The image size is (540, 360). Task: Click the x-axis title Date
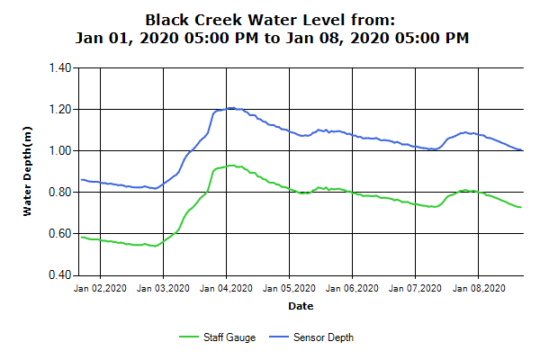point(301,307)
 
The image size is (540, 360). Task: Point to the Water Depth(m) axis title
point(28,171)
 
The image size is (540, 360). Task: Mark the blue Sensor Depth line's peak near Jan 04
point(230,108)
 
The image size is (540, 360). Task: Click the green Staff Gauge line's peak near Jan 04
point(231,166)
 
